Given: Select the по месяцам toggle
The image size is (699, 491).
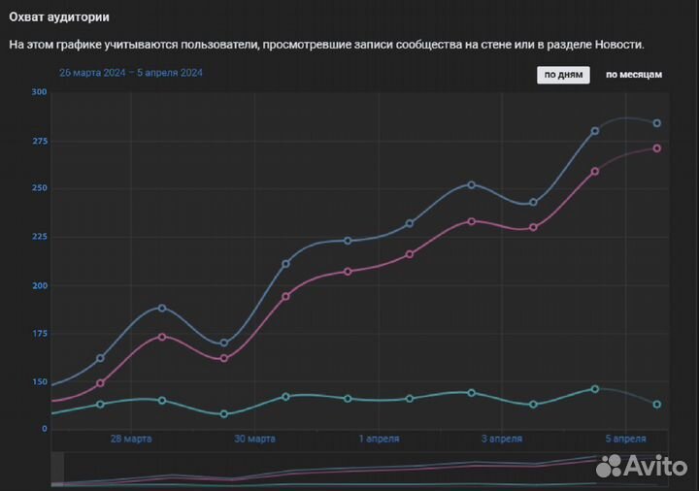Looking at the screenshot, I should tap(634, 75).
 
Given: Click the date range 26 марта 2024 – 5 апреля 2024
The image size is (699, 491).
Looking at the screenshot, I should tap(130, 73).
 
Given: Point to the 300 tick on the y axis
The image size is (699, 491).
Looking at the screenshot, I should tap(39, 92).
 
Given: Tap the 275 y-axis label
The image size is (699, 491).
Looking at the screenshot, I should tap(39, 142).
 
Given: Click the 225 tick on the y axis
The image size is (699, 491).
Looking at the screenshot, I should tap(39, 237).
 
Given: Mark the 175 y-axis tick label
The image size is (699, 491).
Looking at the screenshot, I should tap(39, 334).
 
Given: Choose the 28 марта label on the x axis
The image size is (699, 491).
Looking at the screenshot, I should tap(131, 439).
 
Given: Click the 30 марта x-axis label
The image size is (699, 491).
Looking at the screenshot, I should tap(254, 439).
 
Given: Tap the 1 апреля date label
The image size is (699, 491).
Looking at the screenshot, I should tap(380, 439).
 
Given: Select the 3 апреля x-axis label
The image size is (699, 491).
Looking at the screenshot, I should tap(502, 439).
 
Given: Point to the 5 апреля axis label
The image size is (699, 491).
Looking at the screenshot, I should tap(626, 439).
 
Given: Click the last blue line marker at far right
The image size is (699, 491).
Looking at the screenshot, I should tap(657, 123).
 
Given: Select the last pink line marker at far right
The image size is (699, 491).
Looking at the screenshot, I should tap(657, 148).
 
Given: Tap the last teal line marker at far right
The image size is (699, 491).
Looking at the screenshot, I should tap(657, 405).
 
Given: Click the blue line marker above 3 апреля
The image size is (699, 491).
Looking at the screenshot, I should tap(533, 203).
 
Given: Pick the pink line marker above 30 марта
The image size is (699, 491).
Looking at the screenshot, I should tap(285, 296).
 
